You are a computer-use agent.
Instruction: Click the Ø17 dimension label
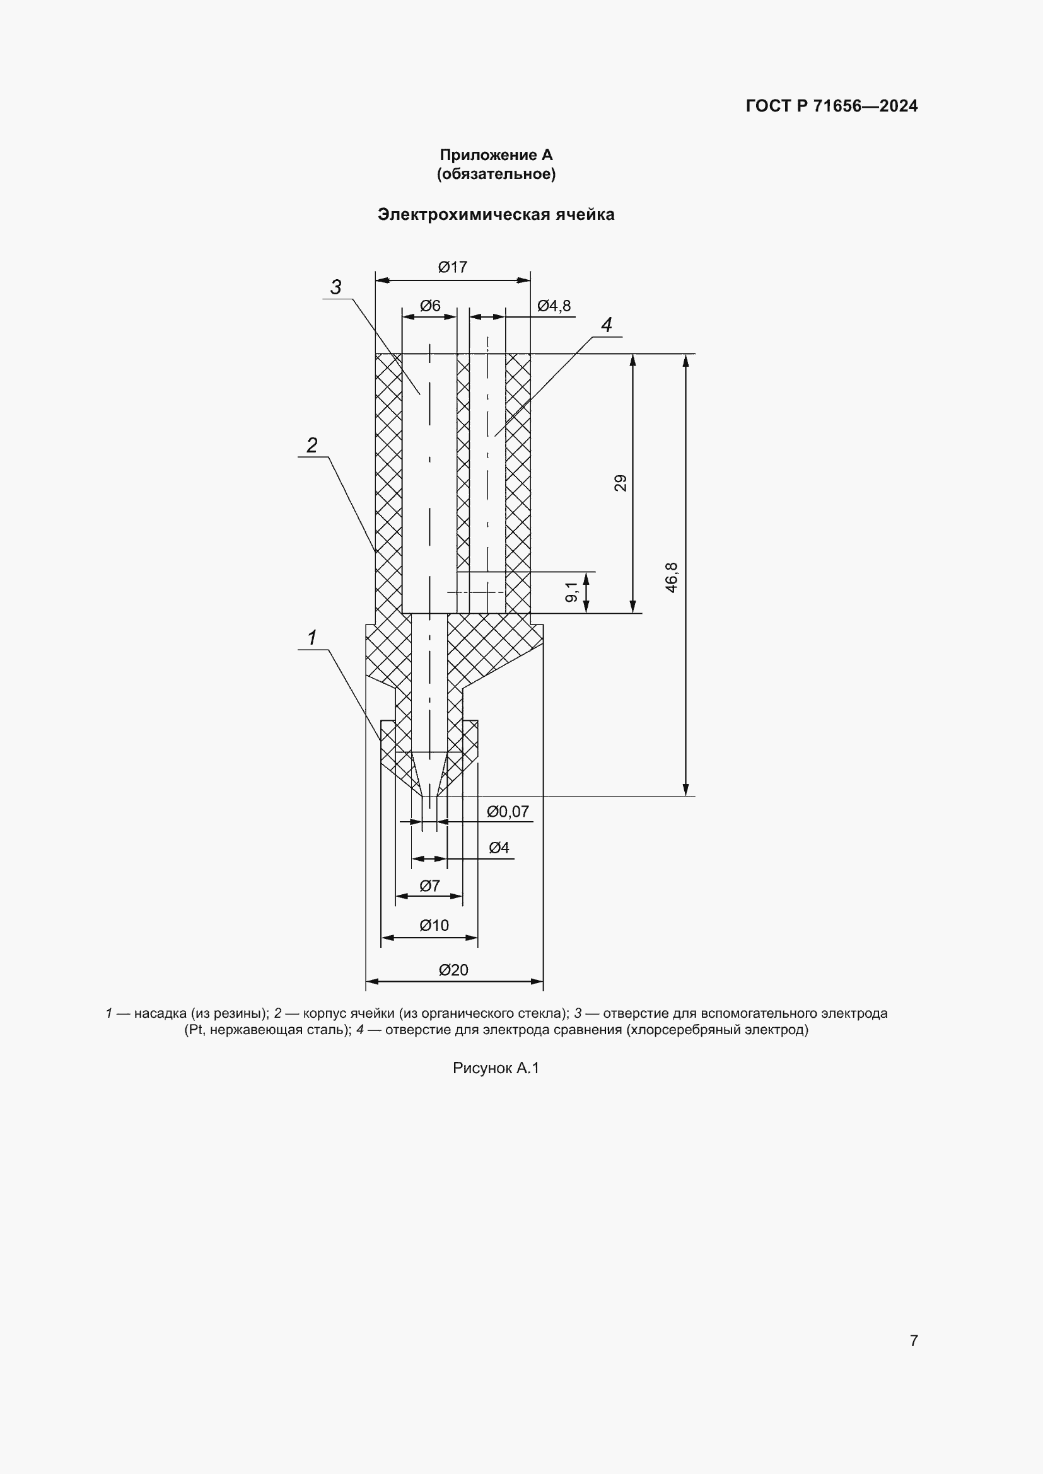453,267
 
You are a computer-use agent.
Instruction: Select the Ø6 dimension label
430,306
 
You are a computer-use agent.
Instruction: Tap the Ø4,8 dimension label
554,306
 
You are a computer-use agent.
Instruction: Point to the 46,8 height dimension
672,577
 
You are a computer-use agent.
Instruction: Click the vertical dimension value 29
621,483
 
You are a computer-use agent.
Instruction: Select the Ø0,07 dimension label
508,812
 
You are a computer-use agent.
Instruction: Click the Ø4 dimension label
499,848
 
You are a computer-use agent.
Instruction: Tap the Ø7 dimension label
429,886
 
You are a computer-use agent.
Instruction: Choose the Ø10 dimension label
434,925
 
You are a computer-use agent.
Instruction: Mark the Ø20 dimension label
453,970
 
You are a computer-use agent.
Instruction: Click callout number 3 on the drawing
336,287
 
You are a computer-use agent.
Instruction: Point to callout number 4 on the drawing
606,325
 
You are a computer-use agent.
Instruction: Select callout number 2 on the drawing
312,445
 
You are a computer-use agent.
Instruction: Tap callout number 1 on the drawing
312,638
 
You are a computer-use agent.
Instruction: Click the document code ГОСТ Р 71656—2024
832,106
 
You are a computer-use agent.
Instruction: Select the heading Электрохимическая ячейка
496,214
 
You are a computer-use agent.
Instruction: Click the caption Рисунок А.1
496,1068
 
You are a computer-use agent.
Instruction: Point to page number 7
914,1340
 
